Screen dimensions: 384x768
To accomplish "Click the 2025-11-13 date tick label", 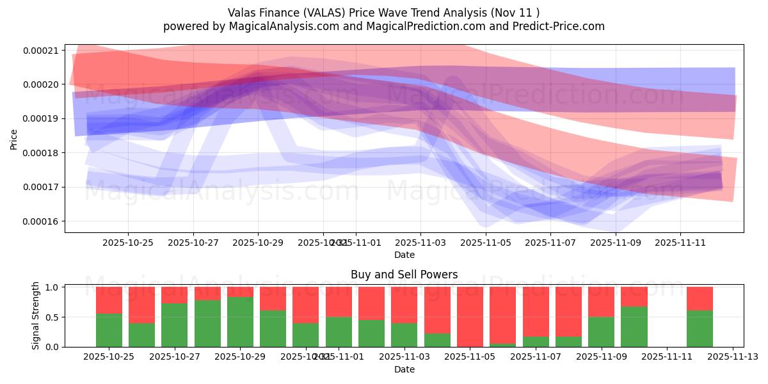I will point(733,356).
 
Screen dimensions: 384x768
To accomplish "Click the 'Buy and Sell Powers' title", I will point(404,275).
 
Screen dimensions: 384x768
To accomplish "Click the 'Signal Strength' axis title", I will point(36,316).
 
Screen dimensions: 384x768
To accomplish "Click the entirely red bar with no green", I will point(470,317).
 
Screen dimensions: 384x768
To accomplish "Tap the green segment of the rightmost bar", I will point(700,328).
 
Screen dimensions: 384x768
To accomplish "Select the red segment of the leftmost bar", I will point(109,300).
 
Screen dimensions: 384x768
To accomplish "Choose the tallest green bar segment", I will point(240,322).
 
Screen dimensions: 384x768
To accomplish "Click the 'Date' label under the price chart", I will point(404,255).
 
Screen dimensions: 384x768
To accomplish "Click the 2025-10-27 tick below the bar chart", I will point(175,356).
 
